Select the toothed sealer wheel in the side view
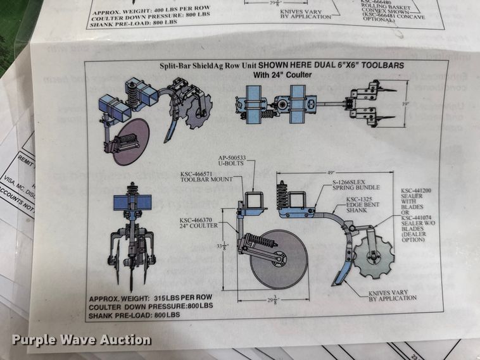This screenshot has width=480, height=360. point(374,256)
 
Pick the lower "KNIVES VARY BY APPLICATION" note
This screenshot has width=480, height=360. point(393,295)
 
